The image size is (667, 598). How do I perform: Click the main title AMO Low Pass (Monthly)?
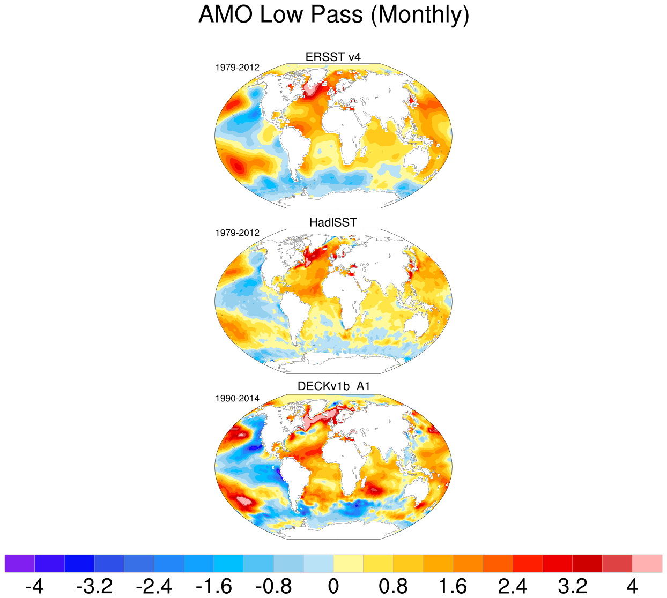(x=333, y=15)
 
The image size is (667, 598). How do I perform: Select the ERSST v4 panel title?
(x=333, y=57)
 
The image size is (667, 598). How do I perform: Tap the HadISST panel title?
(x=333, y=222)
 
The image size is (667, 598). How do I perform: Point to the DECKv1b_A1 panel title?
(x=333, y=386)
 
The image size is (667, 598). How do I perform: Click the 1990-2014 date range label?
(x=238, y=399)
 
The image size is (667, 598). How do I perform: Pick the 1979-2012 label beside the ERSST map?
(x=238, y=68)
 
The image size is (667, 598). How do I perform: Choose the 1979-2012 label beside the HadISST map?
(x=238, y=233)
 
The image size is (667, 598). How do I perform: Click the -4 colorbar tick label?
(x=34, y=586)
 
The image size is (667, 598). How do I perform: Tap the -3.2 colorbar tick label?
(x=94, y=586)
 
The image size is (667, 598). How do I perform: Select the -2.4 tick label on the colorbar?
(x=154, y=586)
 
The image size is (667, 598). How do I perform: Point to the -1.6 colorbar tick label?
(x=213, y=586)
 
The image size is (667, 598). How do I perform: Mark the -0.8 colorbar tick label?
(x=273, y=586)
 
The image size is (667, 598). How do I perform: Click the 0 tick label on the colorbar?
(x=333, y=586)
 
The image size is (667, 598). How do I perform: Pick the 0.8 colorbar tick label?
(x=393, y=586)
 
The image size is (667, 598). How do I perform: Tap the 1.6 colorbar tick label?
(x=453, y=586)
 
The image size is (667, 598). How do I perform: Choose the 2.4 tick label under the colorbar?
(x=513, y=586)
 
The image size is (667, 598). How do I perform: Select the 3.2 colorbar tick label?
(x=573, y=586)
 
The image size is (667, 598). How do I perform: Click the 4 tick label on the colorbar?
(x=633, y=586)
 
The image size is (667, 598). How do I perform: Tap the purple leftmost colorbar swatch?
(x=19, y=564)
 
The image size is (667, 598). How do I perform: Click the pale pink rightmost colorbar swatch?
(x=647, y=564)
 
